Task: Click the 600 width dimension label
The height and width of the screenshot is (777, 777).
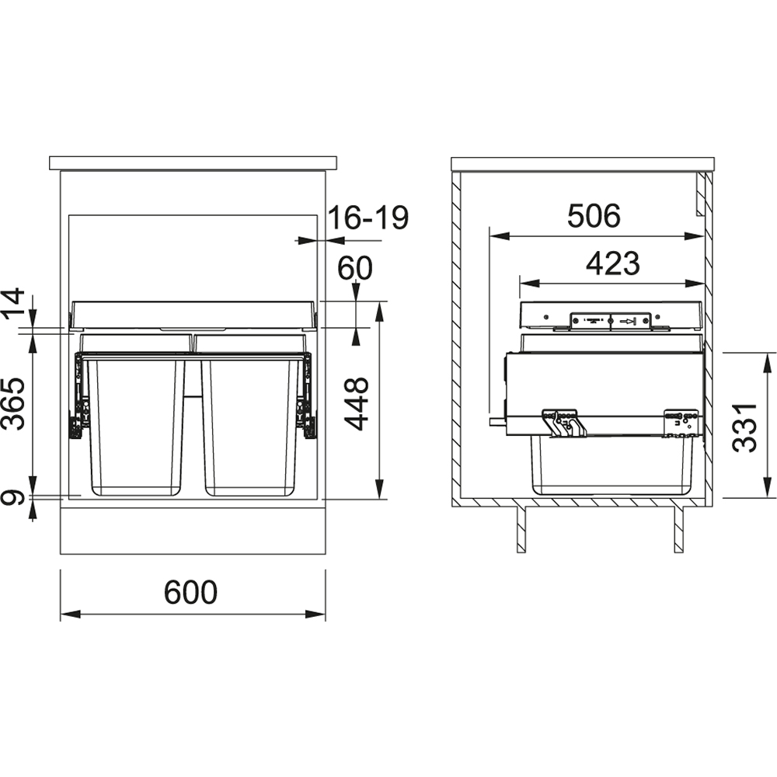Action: click(x=191, y=591)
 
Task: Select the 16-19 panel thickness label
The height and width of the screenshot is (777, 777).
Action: click(x=368, y=218)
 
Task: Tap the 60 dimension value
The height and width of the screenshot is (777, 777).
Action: click(x=355, y=268)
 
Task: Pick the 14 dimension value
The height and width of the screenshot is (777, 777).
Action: click(x=13, y=304)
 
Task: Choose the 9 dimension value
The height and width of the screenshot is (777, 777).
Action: click(x=13, y=497)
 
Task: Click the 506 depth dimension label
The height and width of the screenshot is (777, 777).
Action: click(x=594, y=216)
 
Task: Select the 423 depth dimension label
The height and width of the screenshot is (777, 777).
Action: click(x=613, y=263)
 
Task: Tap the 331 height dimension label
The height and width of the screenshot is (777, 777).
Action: click(x=745, y=427)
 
